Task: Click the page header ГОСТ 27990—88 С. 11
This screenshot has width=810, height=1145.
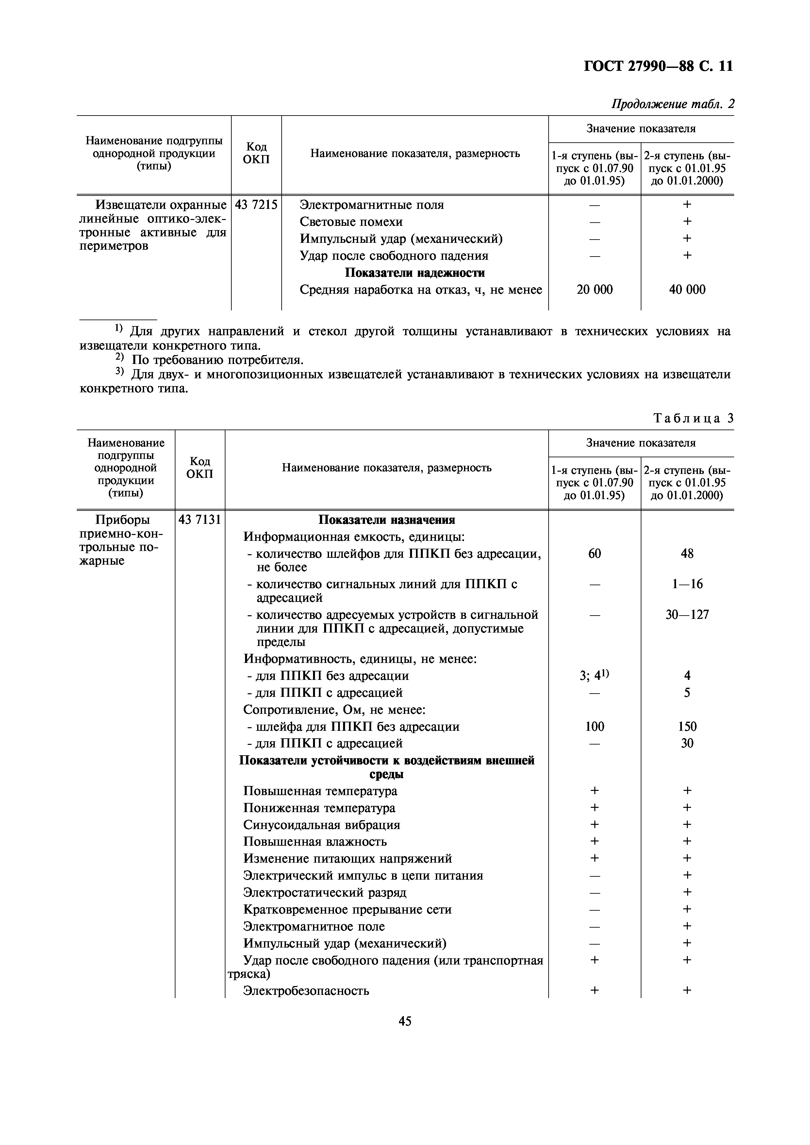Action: pos(658,66)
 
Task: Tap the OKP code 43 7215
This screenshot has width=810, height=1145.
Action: pos(256,204)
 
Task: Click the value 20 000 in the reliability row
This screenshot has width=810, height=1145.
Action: pos(594,290)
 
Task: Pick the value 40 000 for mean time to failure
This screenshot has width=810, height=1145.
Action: pos(687,290)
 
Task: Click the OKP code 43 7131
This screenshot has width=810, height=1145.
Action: pos(200,520)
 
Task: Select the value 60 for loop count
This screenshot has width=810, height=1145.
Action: pos(594,554)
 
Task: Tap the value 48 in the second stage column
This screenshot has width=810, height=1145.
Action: pos(687,554)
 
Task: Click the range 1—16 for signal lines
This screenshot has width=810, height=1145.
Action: pos(687,584)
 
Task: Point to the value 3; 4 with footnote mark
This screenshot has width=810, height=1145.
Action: pos(594,676)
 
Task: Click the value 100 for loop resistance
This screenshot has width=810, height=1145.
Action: pos(594,727)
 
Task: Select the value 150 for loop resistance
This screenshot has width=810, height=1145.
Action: pos(687,727)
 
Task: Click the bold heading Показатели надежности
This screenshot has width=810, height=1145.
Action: pos(415,273)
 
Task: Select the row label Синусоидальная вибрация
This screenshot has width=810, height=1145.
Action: pos(322,825)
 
